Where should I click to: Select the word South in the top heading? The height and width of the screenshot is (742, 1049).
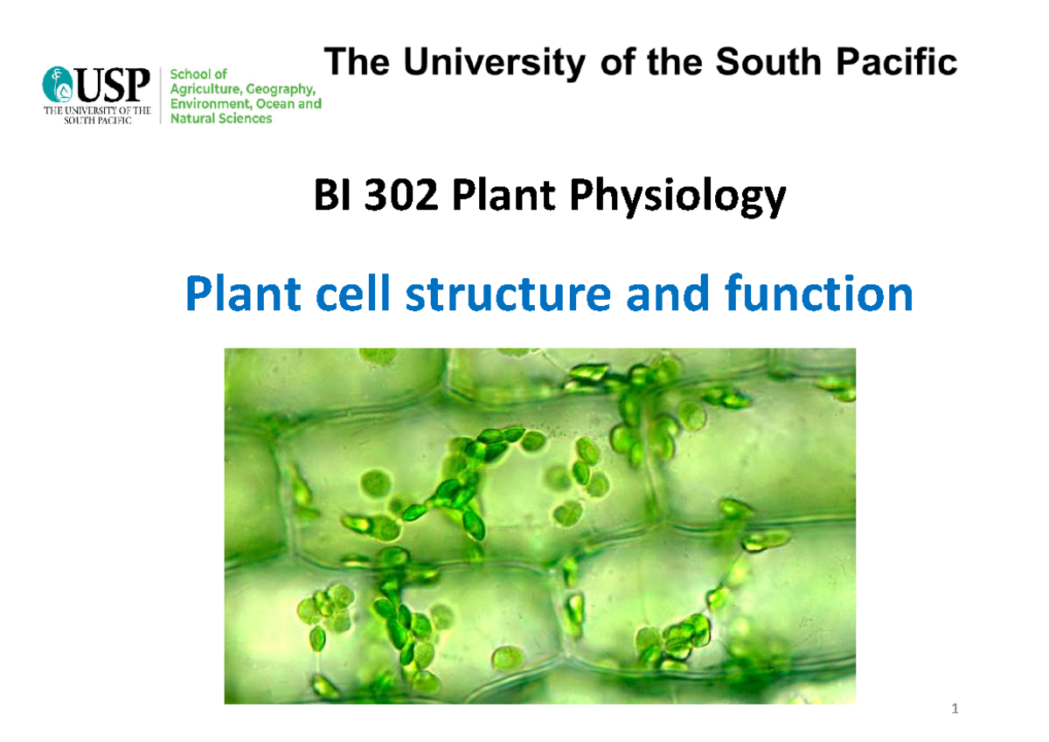click(770, 63)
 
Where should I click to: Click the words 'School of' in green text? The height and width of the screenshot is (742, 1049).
click(203, 74)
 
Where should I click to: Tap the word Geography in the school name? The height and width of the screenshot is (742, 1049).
click(281, 89)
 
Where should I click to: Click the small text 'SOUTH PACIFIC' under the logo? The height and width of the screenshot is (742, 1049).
click(97, 121)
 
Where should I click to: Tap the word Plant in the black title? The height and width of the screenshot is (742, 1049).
click(496, 201)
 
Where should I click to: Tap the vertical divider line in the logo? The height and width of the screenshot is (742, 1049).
click(162, 96)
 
